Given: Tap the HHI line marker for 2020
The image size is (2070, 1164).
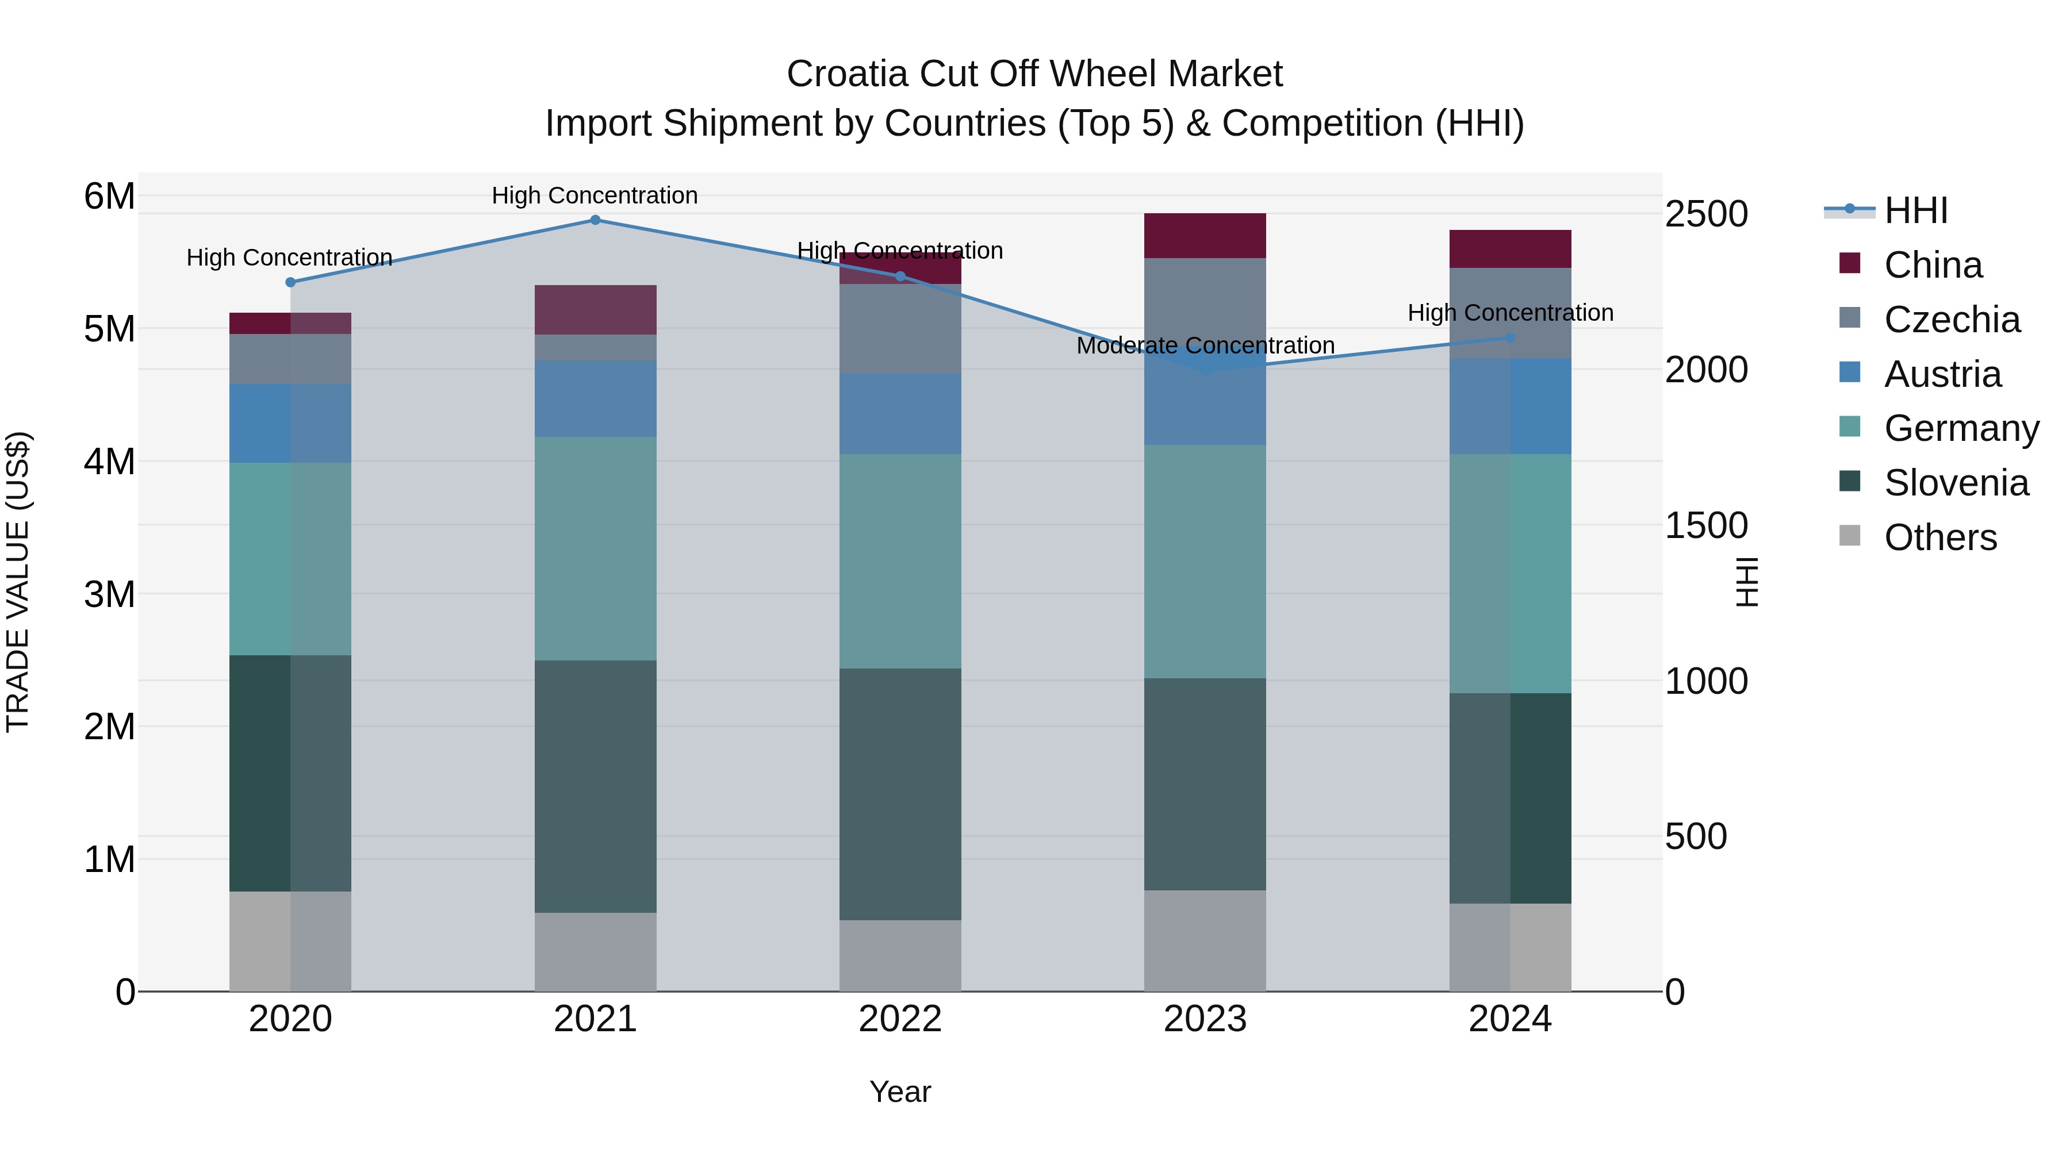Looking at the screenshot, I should (x=291, y=282).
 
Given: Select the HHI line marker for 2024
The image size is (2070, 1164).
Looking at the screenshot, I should (x=1510, y=337).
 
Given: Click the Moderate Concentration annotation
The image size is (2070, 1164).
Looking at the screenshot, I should (x=1205, y=345).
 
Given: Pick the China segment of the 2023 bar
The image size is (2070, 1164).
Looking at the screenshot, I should (x=1205, y=235).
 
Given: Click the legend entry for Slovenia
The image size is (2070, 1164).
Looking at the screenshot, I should (x=1956, y=483).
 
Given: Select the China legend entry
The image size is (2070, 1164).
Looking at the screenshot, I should (x=1933, y=265).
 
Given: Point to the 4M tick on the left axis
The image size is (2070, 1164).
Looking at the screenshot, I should (x=109, y=462).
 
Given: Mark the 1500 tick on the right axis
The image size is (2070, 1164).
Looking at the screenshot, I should (x=1706, y=525).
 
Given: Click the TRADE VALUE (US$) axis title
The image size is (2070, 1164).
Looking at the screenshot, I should (x=18, y=582).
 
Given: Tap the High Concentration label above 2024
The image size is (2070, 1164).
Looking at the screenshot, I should (x=1510, y=313).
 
